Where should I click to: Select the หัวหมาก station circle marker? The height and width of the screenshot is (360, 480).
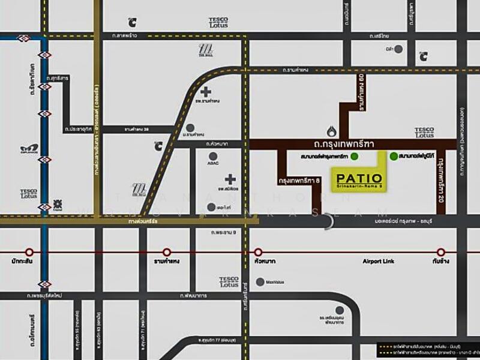pos(259,252)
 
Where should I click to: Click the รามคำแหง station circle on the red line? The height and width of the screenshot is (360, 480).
pos(167,252)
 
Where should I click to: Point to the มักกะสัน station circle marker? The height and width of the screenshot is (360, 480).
pos(29,252)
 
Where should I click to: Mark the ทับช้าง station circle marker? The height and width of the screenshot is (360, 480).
pos(441,252)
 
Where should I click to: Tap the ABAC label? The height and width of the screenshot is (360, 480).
pos(213,161)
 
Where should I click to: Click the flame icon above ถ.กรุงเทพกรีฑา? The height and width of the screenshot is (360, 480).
pos(332,131)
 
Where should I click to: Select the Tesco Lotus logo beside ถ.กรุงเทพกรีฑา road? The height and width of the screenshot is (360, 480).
pos(424,132)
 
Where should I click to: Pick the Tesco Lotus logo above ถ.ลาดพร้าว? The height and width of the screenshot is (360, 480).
pos(218,23)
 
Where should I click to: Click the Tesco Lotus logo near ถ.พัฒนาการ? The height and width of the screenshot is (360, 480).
pos(229,281)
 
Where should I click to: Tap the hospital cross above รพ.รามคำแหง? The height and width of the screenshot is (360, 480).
pos(207,92)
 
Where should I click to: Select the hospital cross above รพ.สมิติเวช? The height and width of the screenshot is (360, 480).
pos(230,179)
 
